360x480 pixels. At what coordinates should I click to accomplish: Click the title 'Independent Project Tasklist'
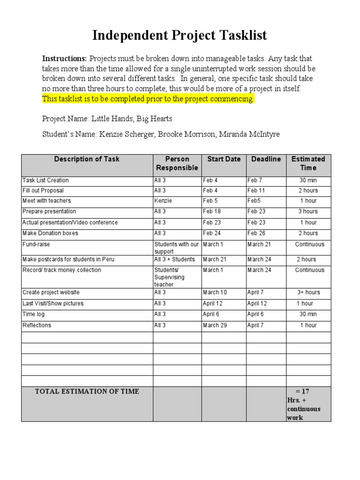click(x=180, y=35)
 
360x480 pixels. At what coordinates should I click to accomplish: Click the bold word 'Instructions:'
click(x=65, y=59)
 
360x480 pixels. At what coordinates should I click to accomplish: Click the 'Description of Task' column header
click(x=87, y=159)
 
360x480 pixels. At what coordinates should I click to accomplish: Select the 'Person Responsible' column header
click(x=177, y=164)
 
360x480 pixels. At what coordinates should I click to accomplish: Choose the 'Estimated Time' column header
click(x=308, y=164)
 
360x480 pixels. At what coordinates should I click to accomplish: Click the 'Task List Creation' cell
click(x=45, y=180)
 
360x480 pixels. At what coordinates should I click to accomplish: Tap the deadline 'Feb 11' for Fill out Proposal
click(x=256, y=191)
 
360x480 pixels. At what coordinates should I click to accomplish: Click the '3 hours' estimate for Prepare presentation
click(x=308, y=212)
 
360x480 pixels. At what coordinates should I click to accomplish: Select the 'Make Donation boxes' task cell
click(x=50, y=233)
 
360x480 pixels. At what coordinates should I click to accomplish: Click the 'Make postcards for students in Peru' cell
click(x=68, y=260)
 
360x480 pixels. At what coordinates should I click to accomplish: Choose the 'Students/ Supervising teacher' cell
click(x=170, y=277)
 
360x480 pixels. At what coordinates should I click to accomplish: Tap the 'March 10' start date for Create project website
click(x=214, y=292)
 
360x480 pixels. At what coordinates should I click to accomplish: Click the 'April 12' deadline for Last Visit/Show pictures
click(x=257, y=304)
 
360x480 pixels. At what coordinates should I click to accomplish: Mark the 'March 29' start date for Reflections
click(x=214, y=325)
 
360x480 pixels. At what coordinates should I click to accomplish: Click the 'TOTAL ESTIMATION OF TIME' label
click(x=87, y=391)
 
